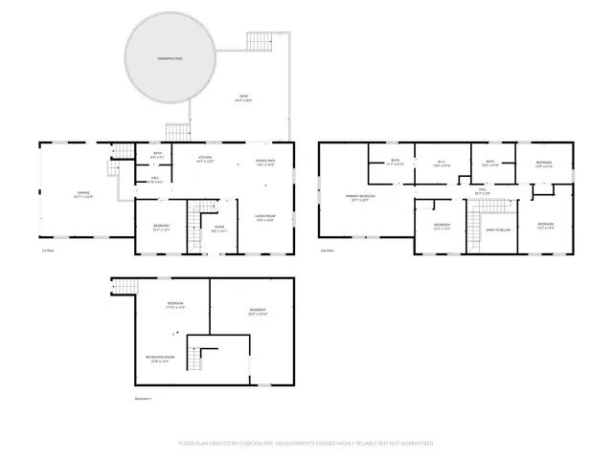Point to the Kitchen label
pyautogui.click(x=205, y=159)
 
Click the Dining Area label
pyautogui.click(x=265, y=162)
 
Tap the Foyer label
pyautogui.click(x=219, y=228)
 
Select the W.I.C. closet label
pyautogui.click(x=442, y=163)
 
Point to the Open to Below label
pyautogui.click(x=497, y=229)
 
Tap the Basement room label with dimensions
pyautogui.click(x=259, y=311)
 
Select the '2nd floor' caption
pyautogui.click(x=328, y=251)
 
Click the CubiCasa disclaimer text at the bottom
pyautogui.click(x=306, y=444)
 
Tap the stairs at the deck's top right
pyautogui.click(x=261, y=42)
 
